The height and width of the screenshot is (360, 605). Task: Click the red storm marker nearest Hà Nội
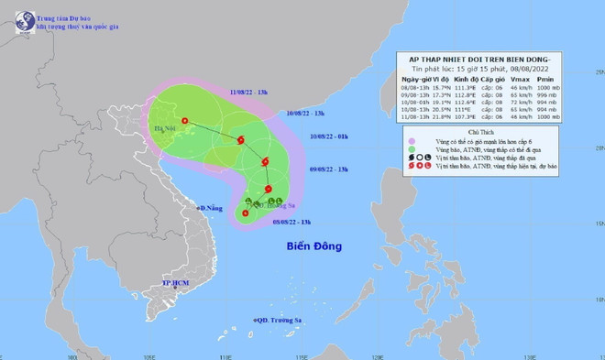tap(184, 121)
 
